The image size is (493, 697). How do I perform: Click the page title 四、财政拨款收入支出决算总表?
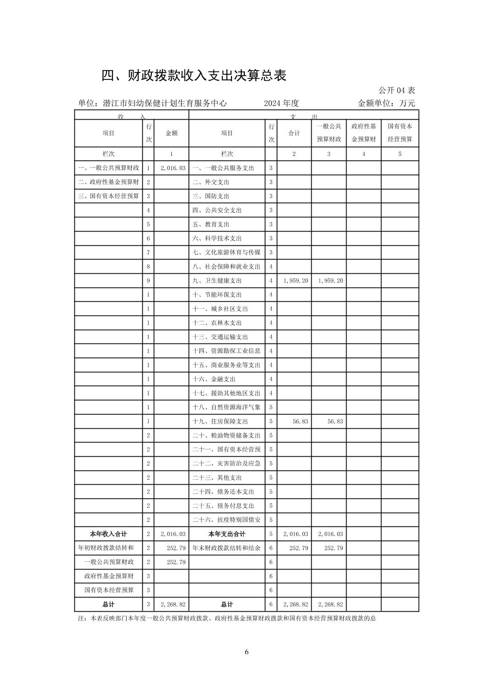point(194,76)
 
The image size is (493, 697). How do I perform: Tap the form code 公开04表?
point(397,90)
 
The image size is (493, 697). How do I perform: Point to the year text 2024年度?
point(281,104)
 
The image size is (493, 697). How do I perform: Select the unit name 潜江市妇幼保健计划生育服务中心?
point(165,104)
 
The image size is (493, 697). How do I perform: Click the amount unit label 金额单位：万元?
point(386,104)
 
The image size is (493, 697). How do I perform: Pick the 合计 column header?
point(294,133)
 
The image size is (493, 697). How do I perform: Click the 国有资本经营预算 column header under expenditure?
point(400,133)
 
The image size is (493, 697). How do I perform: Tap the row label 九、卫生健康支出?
point(217,281)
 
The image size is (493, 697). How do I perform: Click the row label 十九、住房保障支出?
point(220,421)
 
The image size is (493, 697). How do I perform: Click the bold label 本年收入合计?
point(108,534)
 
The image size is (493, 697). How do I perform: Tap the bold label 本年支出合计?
point(227,534)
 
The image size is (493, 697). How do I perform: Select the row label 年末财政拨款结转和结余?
point(226,548)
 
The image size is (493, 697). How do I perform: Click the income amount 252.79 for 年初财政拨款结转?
point(176,548)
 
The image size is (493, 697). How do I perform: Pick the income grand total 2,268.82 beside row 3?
point(173,604)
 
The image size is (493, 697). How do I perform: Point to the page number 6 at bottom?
point(246,652)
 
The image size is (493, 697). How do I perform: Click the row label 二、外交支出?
point(211,182)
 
